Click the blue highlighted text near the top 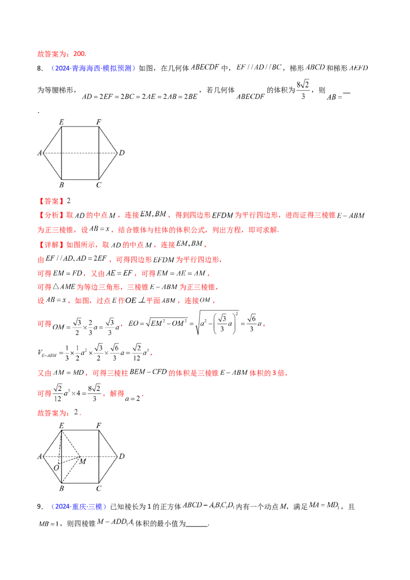[92, 68]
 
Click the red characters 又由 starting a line [44, 374]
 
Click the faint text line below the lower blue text [87, 523]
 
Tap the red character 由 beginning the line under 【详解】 [39, 260]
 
